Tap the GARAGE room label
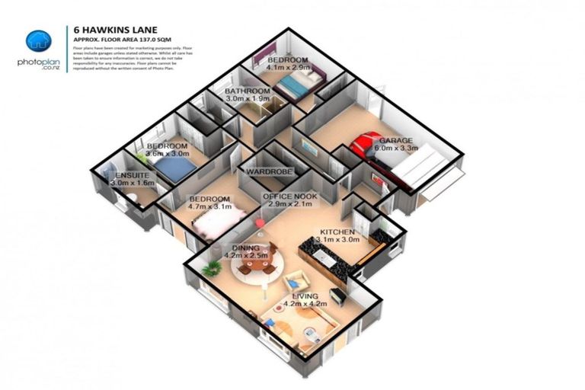(x=396, y=140)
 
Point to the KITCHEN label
(x=337, y=231)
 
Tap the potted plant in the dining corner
(x=213, y=267)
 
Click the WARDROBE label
(x=268, y=173)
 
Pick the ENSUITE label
(x=133, y=175)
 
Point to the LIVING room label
(x=305, y=296)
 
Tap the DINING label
(x=245, y=248)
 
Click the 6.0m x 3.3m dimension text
(x=396, y=149)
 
